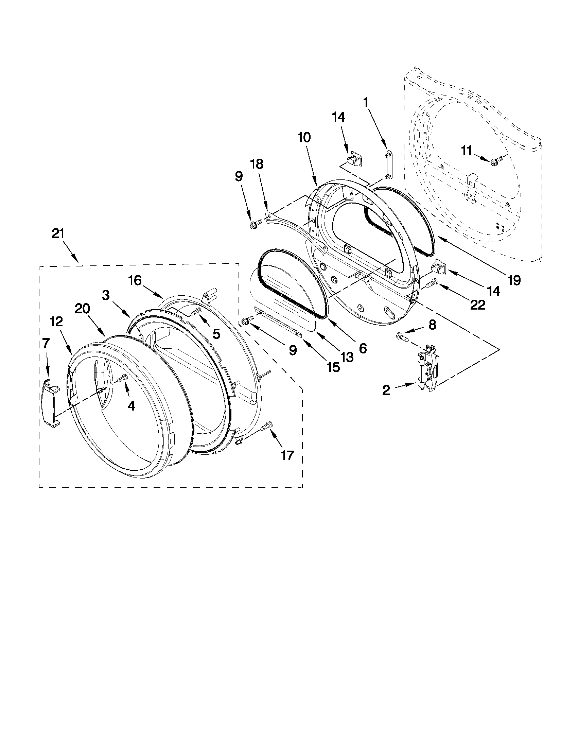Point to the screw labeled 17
tap(266, 426)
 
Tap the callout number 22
tap(477, 305)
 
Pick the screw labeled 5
tap(197, 311)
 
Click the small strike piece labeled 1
tap(387, 164)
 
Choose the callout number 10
tap(304, 138)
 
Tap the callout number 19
tap(514, 280)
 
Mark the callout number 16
tap(135, 280)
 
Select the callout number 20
tap(83, 309)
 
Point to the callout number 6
tap(363, 348)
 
